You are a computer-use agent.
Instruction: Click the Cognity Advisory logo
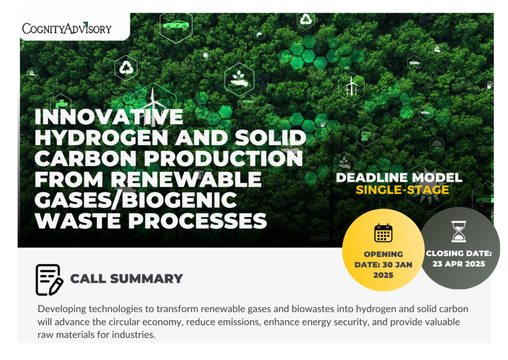click(67, 28)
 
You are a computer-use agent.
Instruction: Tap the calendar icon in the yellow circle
click(383, 233)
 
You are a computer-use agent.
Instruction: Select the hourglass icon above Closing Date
click(459, 232)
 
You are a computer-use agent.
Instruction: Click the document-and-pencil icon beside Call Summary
click(49, 280)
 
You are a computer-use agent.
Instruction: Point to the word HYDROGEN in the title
click(101, 137)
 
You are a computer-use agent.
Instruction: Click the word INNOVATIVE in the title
click(109, 117)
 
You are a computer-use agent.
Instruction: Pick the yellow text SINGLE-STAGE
click(402, 190)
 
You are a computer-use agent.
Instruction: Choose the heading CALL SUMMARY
click(127, 279)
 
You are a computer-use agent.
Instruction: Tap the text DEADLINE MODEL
click(399, 178)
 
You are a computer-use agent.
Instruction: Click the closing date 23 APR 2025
click(459, 264)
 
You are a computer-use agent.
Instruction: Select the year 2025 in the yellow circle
click(383, 275)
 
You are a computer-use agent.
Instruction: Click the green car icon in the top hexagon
click(176, 25)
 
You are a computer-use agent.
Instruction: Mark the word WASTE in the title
click(78, 221)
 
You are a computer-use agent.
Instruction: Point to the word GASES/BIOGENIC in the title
click(136, 200)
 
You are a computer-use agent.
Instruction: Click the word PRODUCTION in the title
click(223, 159)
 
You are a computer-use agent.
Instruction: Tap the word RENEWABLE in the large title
click(186, 180)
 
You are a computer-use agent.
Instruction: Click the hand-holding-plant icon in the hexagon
click(239, 79)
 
